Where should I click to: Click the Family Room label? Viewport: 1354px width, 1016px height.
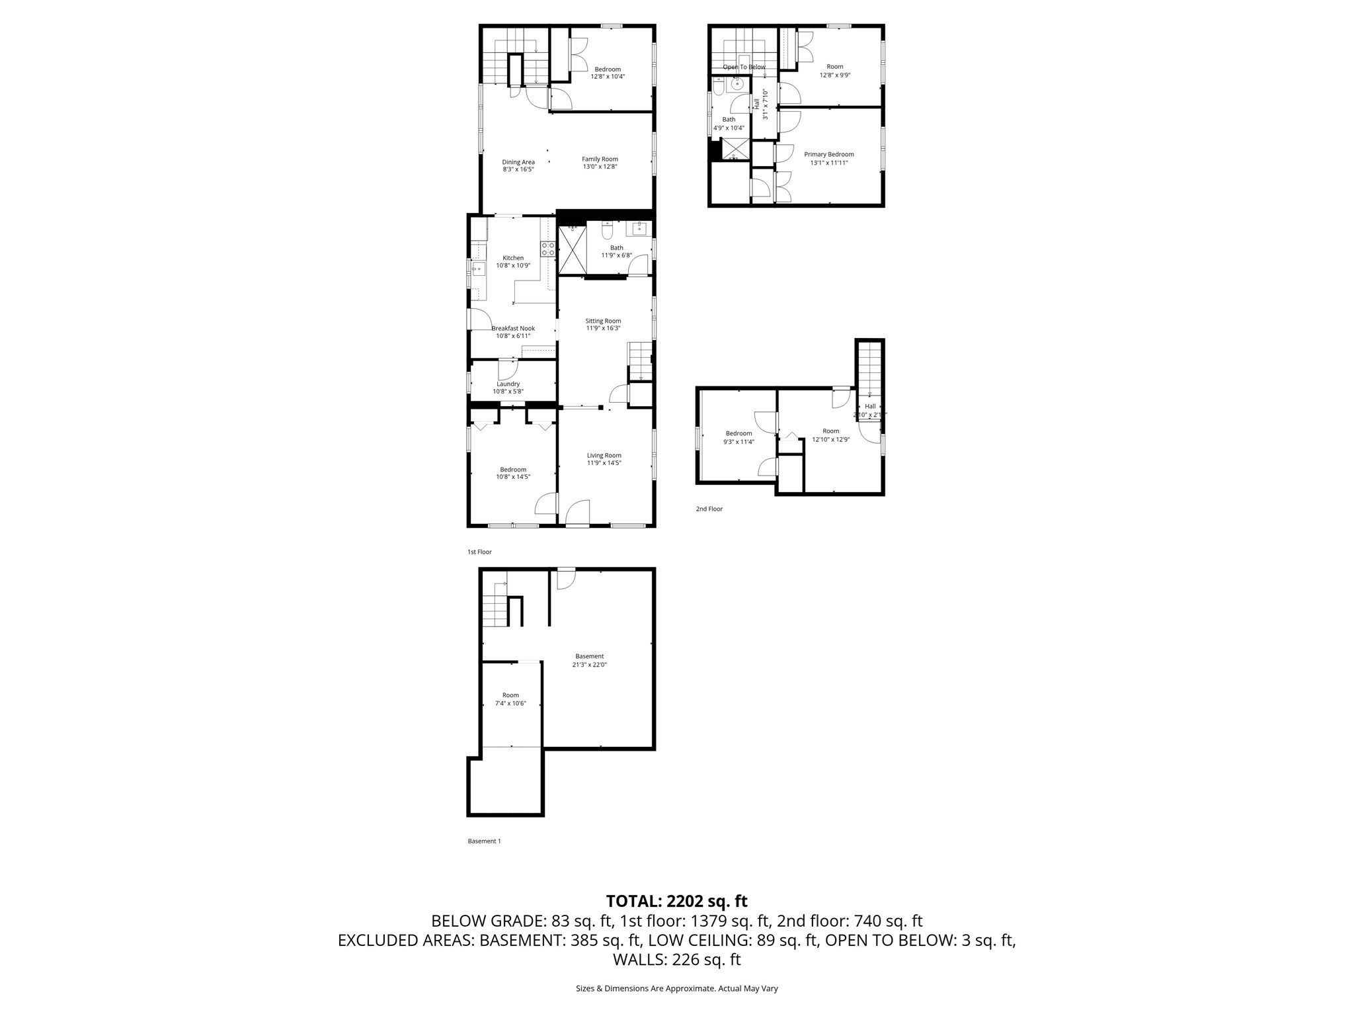pyautogui.click(x=600, y=159)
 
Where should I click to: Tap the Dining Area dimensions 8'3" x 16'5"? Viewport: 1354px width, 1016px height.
pyautogui.click(x=518, y=169)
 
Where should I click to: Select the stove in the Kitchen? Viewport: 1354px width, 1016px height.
pyautogui.click(x=548, y=249)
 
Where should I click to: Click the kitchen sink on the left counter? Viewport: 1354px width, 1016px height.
pyautogui.click(x=478, y=267)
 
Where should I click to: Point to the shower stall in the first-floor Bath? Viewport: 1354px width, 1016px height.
pyautogui.click(x=573, y=249)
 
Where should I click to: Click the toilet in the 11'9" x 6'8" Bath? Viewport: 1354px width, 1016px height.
pyautogui.click(x=607, y=231)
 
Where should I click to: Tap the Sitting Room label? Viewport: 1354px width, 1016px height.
pyautogui.click(x=603, y=321)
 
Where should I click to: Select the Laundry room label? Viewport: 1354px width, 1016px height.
pyautogui.click(x=508, y=384)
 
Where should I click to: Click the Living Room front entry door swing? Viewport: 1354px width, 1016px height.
pyautogui.click(x=578, y=512)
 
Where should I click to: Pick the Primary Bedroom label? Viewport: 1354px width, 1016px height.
pyautogui.click(x=828, y=154)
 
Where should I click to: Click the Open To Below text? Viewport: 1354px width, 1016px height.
pyautogui.click(x=744, y=67)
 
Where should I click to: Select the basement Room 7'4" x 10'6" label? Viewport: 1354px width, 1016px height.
pyautogui.click(x=510, y=695)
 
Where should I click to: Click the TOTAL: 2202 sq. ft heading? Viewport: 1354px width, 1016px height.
pyautogui.click(x=676, y=901)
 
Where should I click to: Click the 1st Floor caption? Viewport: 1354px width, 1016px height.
pyautogui.click(x=479, y=552)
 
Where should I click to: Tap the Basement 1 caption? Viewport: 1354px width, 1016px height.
pyautogui.click(x=484, y=841)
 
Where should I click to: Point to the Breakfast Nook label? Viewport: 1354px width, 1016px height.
pyautogui.click(x=513, y=328)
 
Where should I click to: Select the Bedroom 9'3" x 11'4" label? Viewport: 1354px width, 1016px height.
pyautogui.click(x=738, y=433)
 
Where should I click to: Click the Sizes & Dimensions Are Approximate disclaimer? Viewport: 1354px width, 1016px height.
pyautogui.click(x=676, y=988)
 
